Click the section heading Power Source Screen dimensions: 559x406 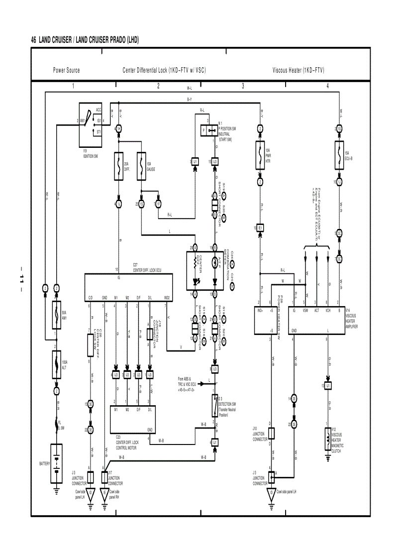(x=66, y=70)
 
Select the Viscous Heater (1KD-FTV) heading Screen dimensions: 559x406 (x=299, y=70)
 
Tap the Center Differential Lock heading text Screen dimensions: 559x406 (x=164, y=70)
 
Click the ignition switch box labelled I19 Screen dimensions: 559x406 (x=91, y=125)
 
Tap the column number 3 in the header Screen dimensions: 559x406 (x=243, y=86)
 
